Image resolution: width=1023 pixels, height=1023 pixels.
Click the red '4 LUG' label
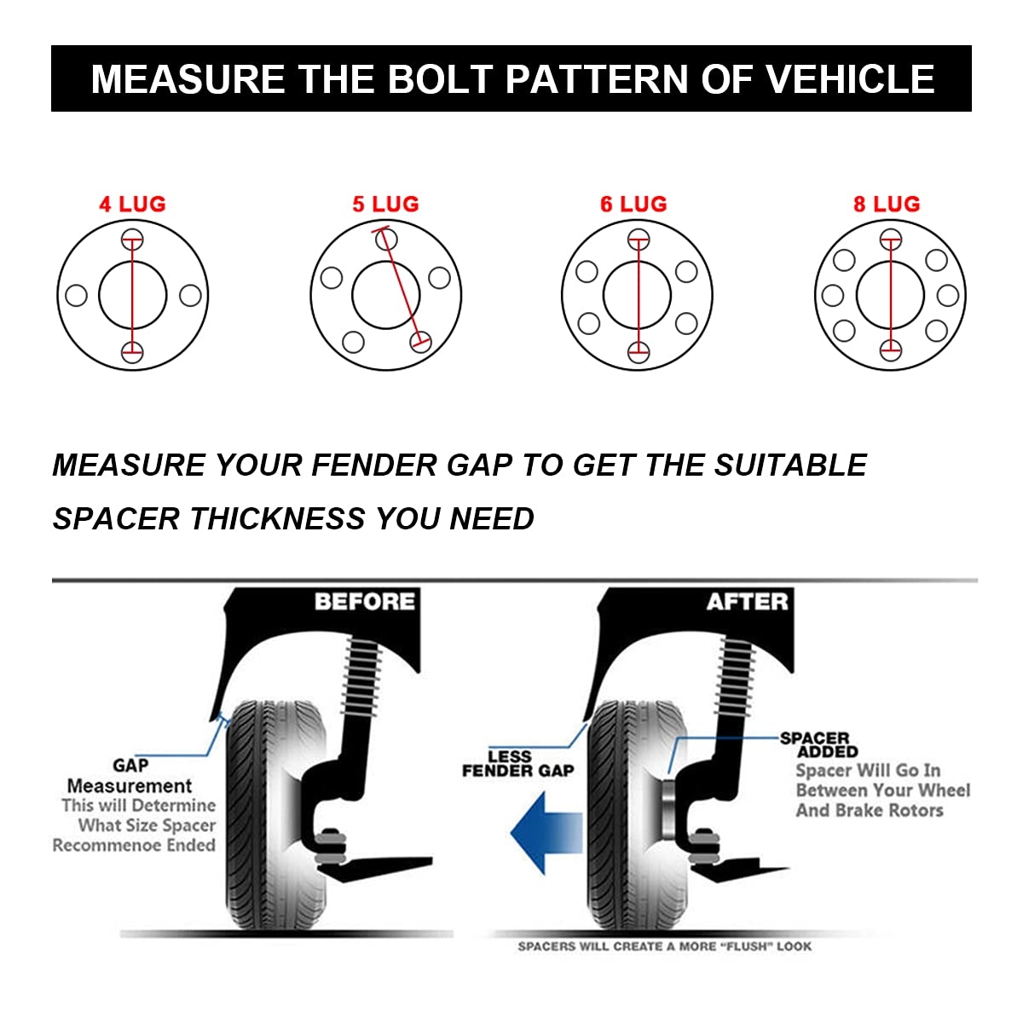[132, 205]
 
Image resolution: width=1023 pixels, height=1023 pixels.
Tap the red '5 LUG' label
[385, 205]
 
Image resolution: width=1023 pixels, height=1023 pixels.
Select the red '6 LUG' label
[633, 205]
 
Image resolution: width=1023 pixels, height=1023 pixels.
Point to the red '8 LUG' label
[887, 205]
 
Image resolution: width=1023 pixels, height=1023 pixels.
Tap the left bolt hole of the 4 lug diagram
[76, 296]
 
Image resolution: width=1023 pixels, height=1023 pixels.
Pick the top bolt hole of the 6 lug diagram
[639, 239]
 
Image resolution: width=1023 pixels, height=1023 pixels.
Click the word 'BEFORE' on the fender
[364, 602]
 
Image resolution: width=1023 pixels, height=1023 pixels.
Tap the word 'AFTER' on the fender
[747, 602]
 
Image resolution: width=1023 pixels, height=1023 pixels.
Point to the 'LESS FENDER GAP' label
[517, 764]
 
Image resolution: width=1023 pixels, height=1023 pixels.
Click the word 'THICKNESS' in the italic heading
[276, 518]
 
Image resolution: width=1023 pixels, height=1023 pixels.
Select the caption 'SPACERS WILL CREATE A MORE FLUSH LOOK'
[664, 946]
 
